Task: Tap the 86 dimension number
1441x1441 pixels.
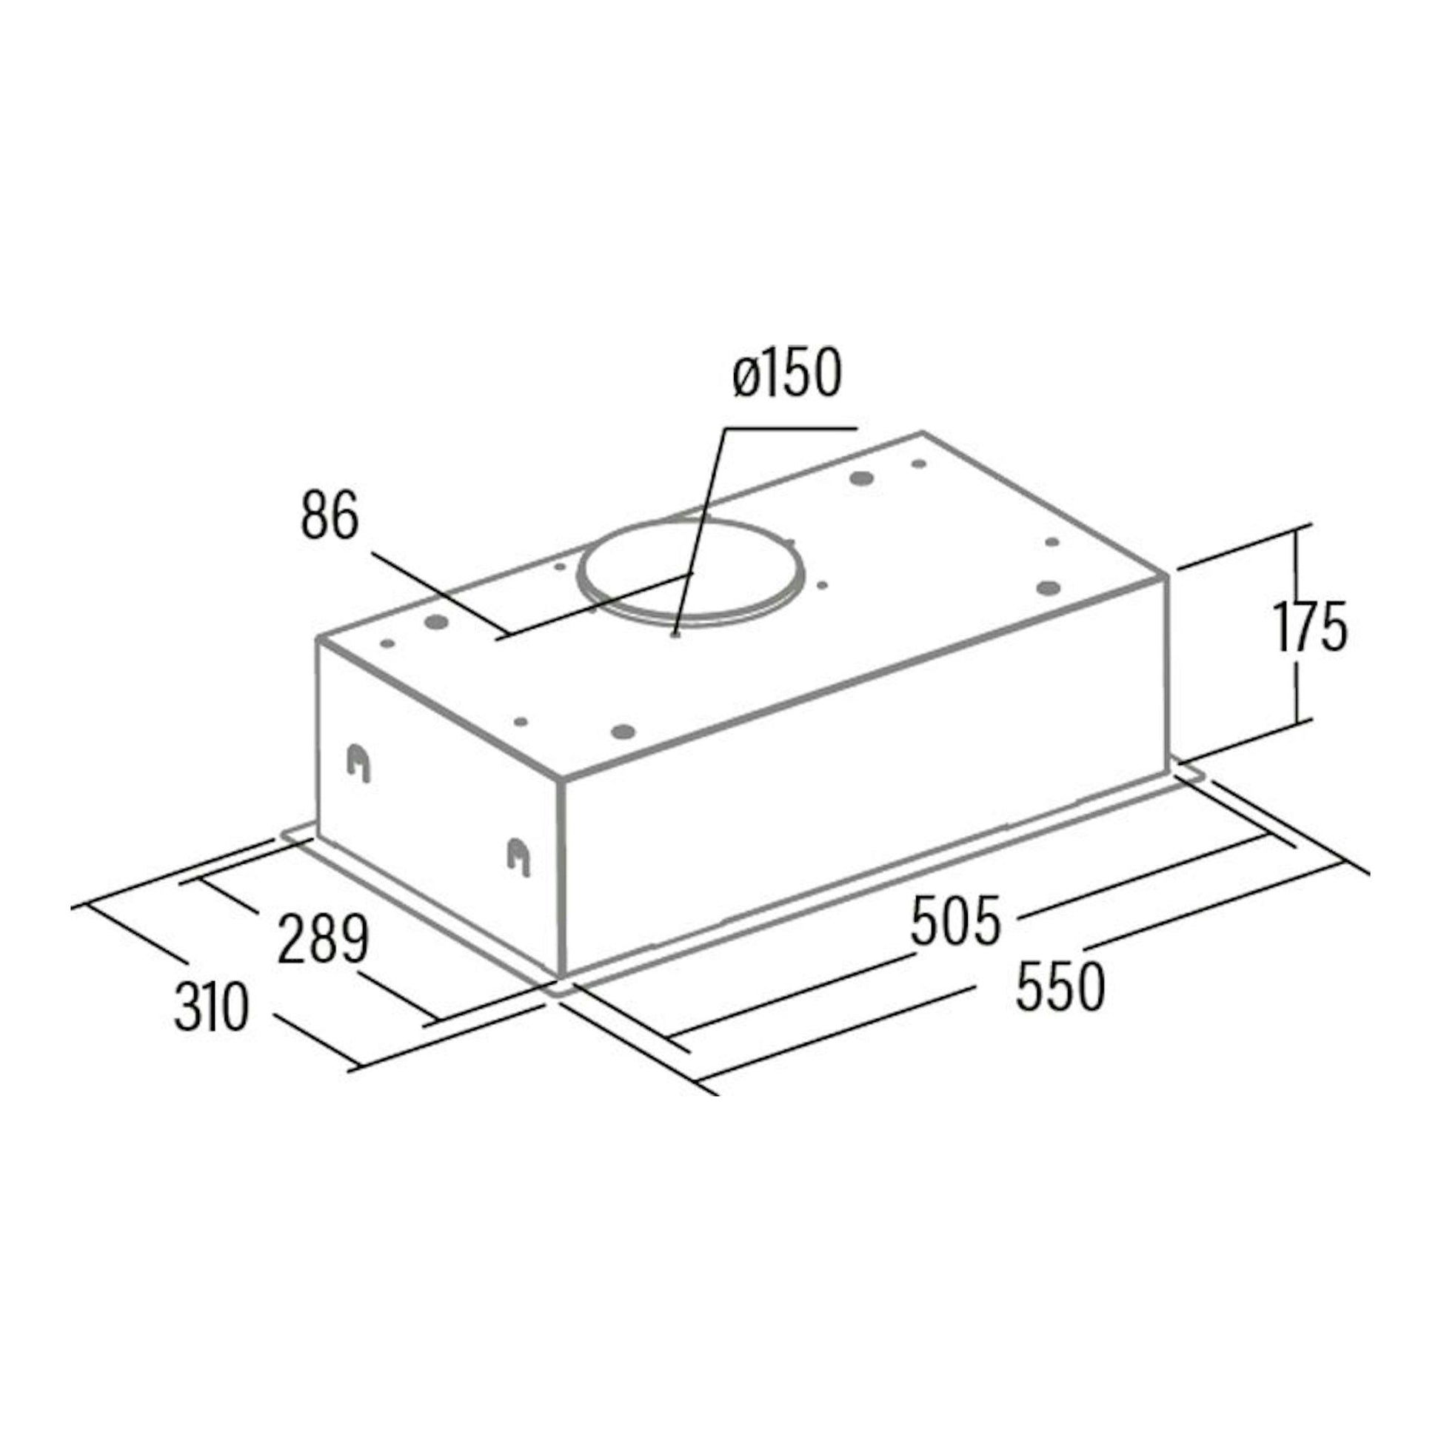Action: (x=330, y=514)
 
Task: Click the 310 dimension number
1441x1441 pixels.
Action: (x=211, y=1006)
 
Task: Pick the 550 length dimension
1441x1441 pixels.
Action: (x=1059, y=986)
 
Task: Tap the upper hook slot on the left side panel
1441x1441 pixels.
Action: (x=359, y=761)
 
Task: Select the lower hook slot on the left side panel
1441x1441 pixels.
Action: (x=518, y=857)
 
